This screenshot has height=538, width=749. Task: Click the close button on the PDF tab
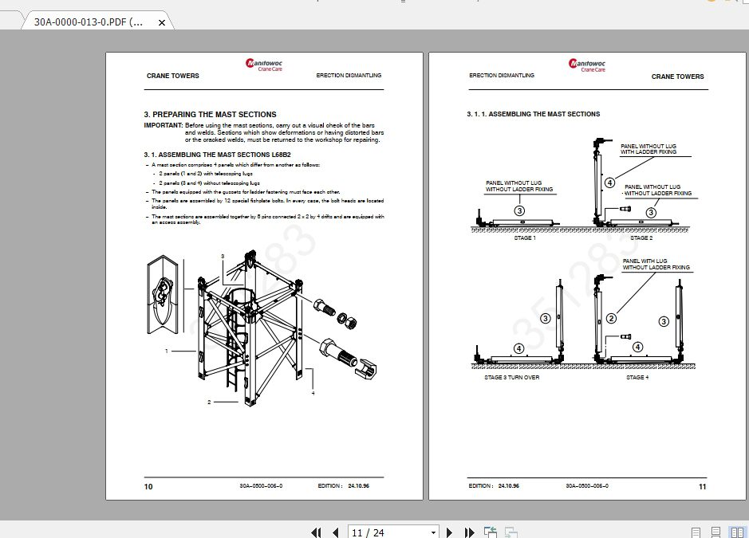(x=162, y=22)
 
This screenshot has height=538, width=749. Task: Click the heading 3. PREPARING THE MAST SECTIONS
(x=210, y=115)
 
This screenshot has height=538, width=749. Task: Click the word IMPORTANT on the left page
(x=163, y=126)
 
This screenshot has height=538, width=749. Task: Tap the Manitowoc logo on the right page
(x=587, y=65)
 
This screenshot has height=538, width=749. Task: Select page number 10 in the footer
(x=148, y=486)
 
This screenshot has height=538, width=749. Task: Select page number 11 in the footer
(x=702, y=486)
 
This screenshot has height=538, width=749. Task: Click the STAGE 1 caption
(x=524, y=238)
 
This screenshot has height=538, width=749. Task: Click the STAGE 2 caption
(x=641, y=238)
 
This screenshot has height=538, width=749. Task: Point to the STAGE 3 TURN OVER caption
(x=511, y=377)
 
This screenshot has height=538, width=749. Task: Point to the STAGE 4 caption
(x=637, y=377)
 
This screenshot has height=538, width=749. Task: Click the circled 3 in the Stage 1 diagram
(x=519, y=210)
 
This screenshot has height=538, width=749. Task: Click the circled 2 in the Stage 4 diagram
(x=612, y=318)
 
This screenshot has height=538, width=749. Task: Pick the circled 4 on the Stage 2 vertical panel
(x=609, y=183)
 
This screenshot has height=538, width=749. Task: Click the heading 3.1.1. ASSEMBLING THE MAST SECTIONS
(x=533, y=114)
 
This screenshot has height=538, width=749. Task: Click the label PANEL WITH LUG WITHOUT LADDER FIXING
(x=656, y=264)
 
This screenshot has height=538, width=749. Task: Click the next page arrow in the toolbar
(x=450, y=532)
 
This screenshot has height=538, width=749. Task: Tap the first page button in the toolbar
(x=316, y=532)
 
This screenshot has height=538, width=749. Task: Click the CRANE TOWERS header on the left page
(x=173, y=76)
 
